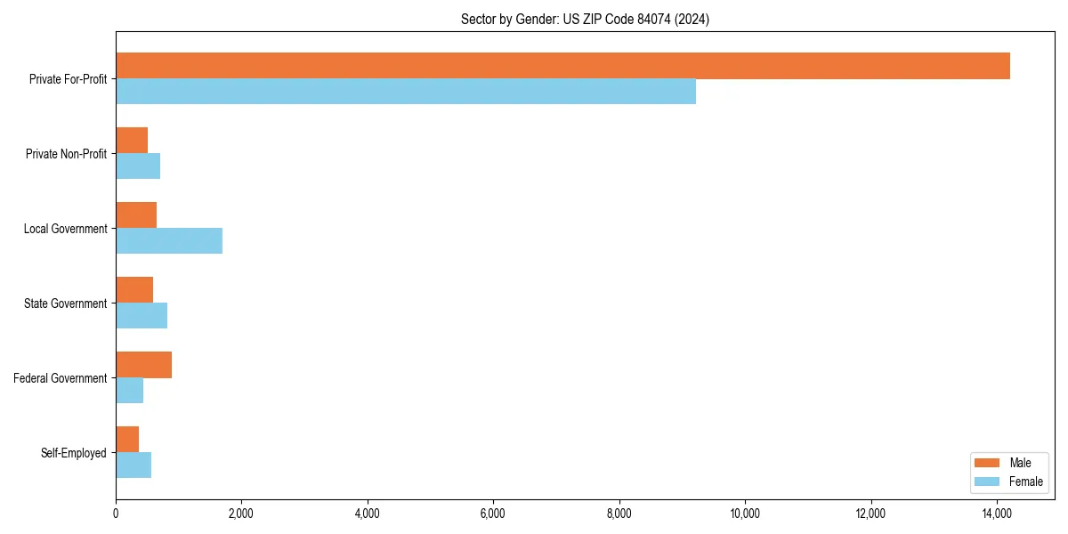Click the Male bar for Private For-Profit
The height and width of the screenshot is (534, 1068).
(x=562, y=66)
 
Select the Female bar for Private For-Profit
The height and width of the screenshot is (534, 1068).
(x=406, y=92)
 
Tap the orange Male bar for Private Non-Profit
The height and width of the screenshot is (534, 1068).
(x=132, y=141)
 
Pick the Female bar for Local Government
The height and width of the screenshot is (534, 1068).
(x=169, y=241)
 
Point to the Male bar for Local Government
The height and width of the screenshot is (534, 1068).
(x=136, y=215)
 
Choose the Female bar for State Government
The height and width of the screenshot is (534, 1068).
(x=142, y=316)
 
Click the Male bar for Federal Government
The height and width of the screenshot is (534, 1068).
(x=143, y=365)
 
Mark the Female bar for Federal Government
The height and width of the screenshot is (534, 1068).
(x=129, y=391)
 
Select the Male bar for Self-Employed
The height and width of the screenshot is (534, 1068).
(x=127, y=440)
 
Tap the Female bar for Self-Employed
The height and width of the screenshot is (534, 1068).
(x=133, y=465)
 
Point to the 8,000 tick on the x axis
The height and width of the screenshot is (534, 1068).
(x=619, y=513)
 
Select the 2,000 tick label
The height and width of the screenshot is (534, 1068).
(x=241, y=513)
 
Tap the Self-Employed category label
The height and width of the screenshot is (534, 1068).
(x=74, y=453)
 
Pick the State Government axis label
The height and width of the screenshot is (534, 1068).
(x=66, y=303)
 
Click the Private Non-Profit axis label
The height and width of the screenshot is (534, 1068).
(x=66, y=154)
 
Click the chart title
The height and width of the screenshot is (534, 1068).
(x=585, y=19)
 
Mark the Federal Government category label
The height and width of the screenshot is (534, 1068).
(x=61, y=378)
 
